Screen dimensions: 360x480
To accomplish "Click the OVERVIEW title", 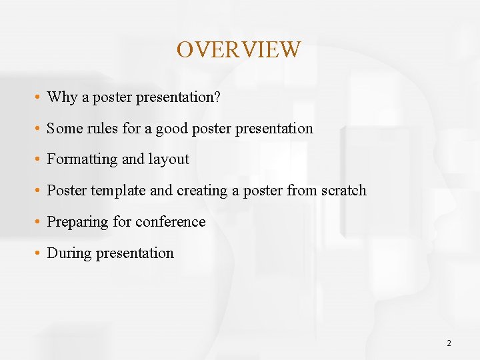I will coord(239,49).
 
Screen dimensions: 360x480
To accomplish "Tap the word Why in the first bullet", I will coord(62,97).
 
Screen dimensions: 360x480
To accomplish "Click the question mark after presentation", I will coord(217,97).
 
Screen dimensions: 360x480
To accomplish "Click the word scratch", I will coord(343,191).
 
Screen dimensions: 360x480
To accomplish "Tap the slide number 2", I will coord(449,343).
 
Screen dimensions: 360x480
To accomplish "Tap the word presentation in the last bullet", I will coord(135,253).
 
